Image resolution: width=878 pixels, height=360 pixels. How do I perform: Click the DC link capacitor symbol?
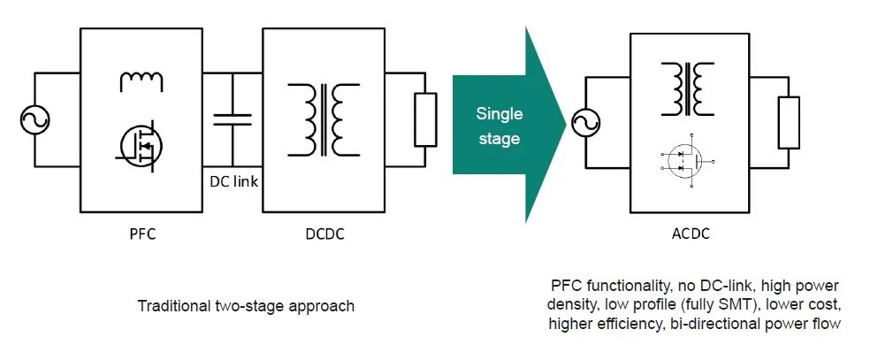click(x=233, y=120)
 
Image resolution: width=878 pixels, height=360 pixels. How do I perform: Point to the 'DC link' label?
click(x=233, y=182)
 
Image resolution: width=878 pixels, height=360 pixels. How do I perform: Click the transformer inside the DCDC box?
click(x=323, y=118)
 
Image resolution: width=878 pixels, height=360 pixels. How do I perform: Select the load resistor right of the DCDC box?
click(x=425, y=119)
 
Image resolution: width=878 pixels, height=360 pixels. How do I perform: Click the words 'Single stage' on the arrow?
click(x=500, y=126)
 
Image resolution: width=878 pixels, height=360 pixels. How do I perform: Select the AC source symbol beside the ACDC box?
click(x=584, y=124)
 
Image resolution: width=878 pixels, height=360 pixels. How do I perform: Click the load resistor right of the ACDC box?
click(x=789, y=122)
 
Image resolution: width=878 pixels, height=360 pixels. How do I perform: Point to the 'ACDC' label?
click(x=685, y=235)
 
